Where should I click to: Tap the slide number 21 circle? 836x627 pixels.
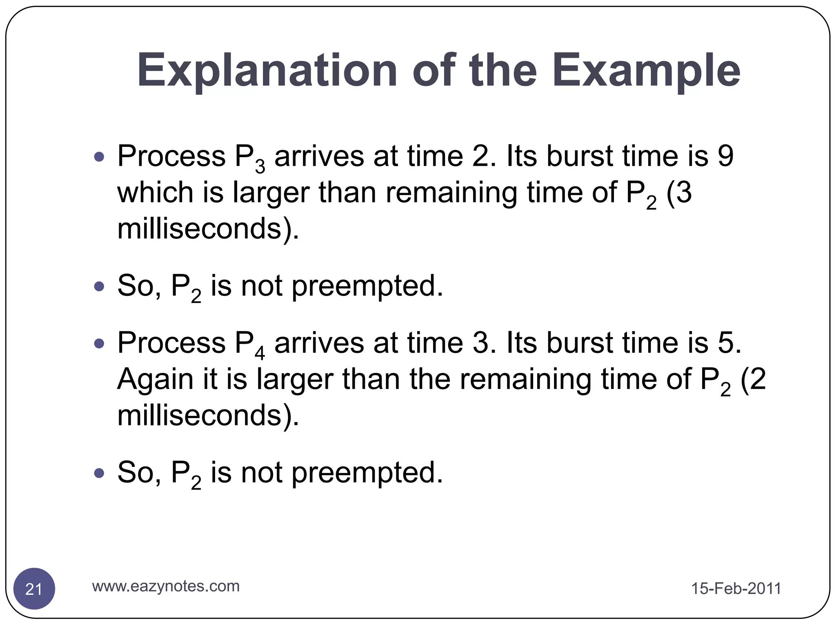[34, 589]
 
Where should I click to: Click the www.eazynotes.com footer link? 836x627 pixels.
[166, 586]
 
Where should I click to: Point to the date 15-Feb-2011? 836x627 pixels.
[736, 589]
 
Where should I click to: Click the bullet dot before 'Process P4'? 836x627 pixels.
[99, 343]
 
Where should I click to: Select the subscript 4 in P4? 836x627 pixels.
[260, 353]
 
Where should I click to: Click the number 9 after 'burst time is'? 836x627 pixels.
[725, 156]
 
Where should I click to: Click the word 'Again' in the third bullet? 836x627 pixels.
[156, 379]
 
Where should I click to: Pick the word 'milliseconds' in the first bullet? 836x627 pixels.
[199, 229]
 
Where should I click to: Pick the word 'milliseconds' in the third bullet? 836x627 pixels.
[199, 415]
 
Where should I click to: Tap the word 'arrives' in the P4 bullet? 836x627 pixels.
[319, 342]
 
